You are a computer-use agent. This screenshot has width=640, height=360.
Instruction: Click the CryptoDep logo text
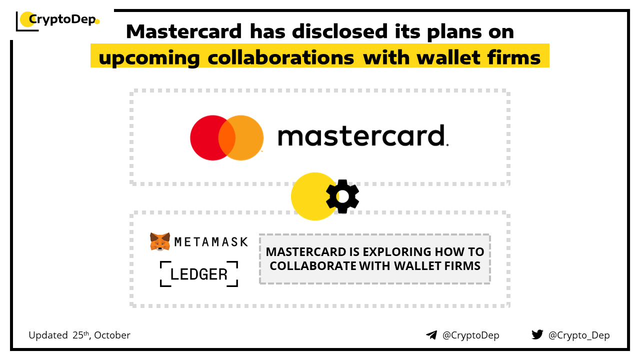pyautogui.click(x=62, y=19)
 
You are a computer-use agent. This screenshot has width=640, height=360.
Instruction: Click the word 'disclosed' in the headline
pyautogui.click(x=339, y=31)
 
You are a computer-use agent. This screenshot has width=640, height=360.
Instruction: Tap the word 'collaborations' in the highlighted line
pyautogui.click(x=281, y=57)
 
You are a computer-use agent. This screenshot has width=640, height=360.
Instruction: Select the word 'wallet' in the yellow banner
pyautogui.click(x=448, y=57)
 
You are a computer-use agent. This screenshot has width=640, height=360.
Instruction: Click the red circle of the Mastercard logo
pyautogui.click(x=208, y=137)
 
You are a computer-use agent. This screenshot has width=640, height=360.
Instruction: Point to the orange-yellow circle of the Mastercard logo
pyautogui.click(x=245, y=137)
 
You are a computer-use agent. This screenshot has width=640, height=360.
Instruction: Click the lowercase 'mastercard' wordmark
pyautogui.click(x=363, y=135)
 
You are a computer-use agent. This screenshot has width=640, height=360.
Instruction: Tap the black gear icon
pyautogui.click(x=342, y=196)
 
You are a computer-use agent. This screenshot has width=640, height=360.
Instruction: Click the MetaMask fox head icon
pyautogui.click(x=160, y=241)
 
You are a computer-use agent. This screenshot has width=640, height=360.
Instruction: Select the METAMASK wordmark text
pyautogui.click(x=211, y=242)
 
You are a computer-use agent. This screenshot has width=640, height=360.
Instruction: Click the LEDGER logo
pyautogui.click(x=199, y=273)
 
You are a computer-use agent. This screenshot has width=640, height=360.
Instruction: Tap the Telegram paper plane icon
pyautogui.click(x=431, y=335)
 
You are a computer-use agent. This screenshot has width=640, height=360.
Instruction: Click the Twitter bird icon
pyautogui.click(x=537, y=334)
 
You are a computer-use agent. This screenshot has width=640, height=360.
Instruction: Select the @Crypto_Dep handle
pyautogui.click(x=579, y=335)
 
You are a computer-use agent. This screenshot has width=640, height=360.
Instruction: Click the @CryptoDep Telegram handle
pyautogui.click(x=470, y=335)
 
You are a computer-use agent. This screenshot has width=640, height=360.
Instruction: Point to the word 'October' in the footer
pyautogui.click(x=112, y=335)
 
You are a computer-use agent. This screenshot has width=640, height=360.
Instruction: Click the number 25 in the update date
pyautogui.click(x=77, y=335)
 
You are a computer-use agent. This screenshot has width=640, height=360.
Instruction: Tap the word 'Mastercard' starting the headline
pyautogui.click(x=184, y=31)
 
